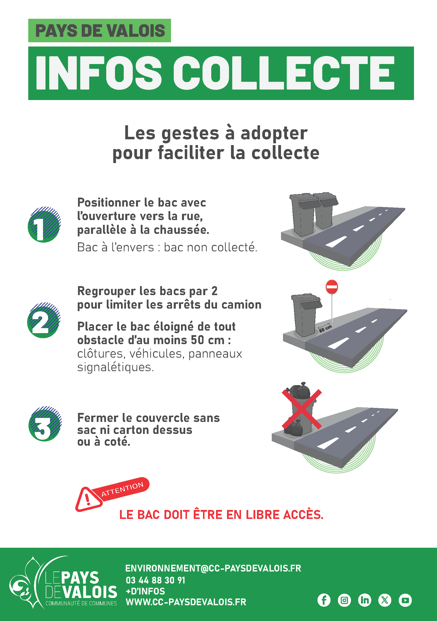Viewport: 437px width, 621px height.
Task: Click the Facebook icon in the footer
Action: [324, 600]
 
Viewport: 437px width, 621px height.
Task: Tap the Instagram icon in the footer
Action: [344, 600]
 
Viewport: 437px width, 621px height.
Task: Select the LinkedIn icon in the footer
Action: [364, 600]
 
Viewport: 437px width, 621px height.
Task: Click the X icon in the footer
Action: [385, 600]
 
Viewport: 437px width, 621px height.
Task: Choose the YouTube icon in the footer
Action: [405, 600]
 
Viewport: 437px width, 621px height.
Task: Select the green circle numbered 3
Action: [44, 424]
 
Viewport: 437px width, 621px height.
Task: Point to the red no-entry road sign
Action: [332, 287]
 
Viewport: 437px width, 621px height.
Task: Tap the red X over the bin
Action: [302, 409]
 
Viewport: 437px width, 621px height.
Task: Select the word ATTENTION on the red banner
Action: [122, 489]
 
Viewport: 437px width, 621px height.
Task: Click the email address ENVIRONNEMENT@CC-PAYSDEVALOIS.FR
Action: [213, 568]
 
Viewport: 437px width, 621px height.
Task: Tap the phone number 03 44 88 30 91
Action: [155, 580]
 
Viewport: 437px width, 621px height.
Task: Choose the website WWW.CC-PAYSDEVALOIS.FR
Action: [186, 602]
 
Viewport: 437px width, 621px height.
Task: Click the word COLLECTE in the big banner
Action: [284, 73]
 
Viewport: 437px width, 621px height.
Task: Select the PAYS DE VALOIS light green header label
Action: [99, 31]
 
